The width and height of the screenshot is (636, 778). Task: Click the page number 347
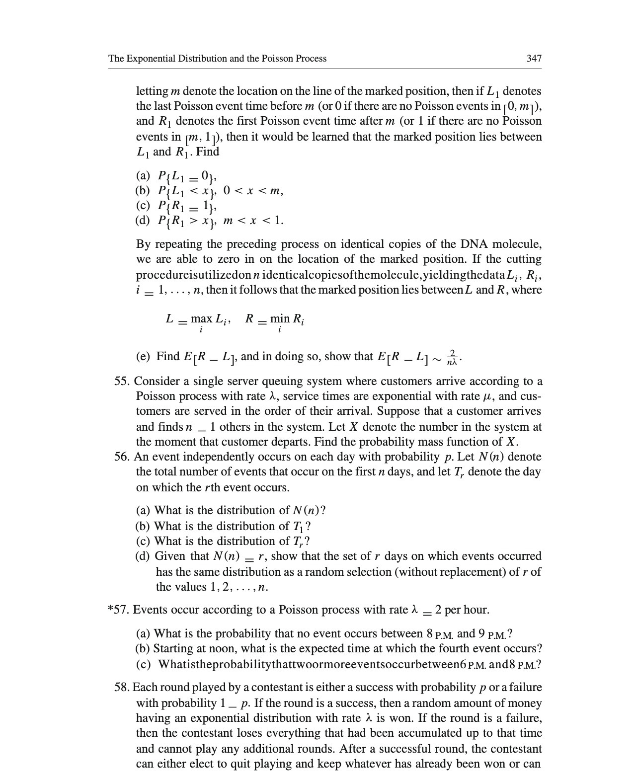tap(534, 59)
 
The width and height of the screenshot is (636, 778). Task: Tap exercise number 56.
tap(122, 457)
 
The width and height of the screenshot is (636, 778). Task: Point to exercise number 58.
tap(122, 688)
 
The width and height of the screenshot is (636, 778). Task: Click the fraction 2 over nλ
tap(452, 357)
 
